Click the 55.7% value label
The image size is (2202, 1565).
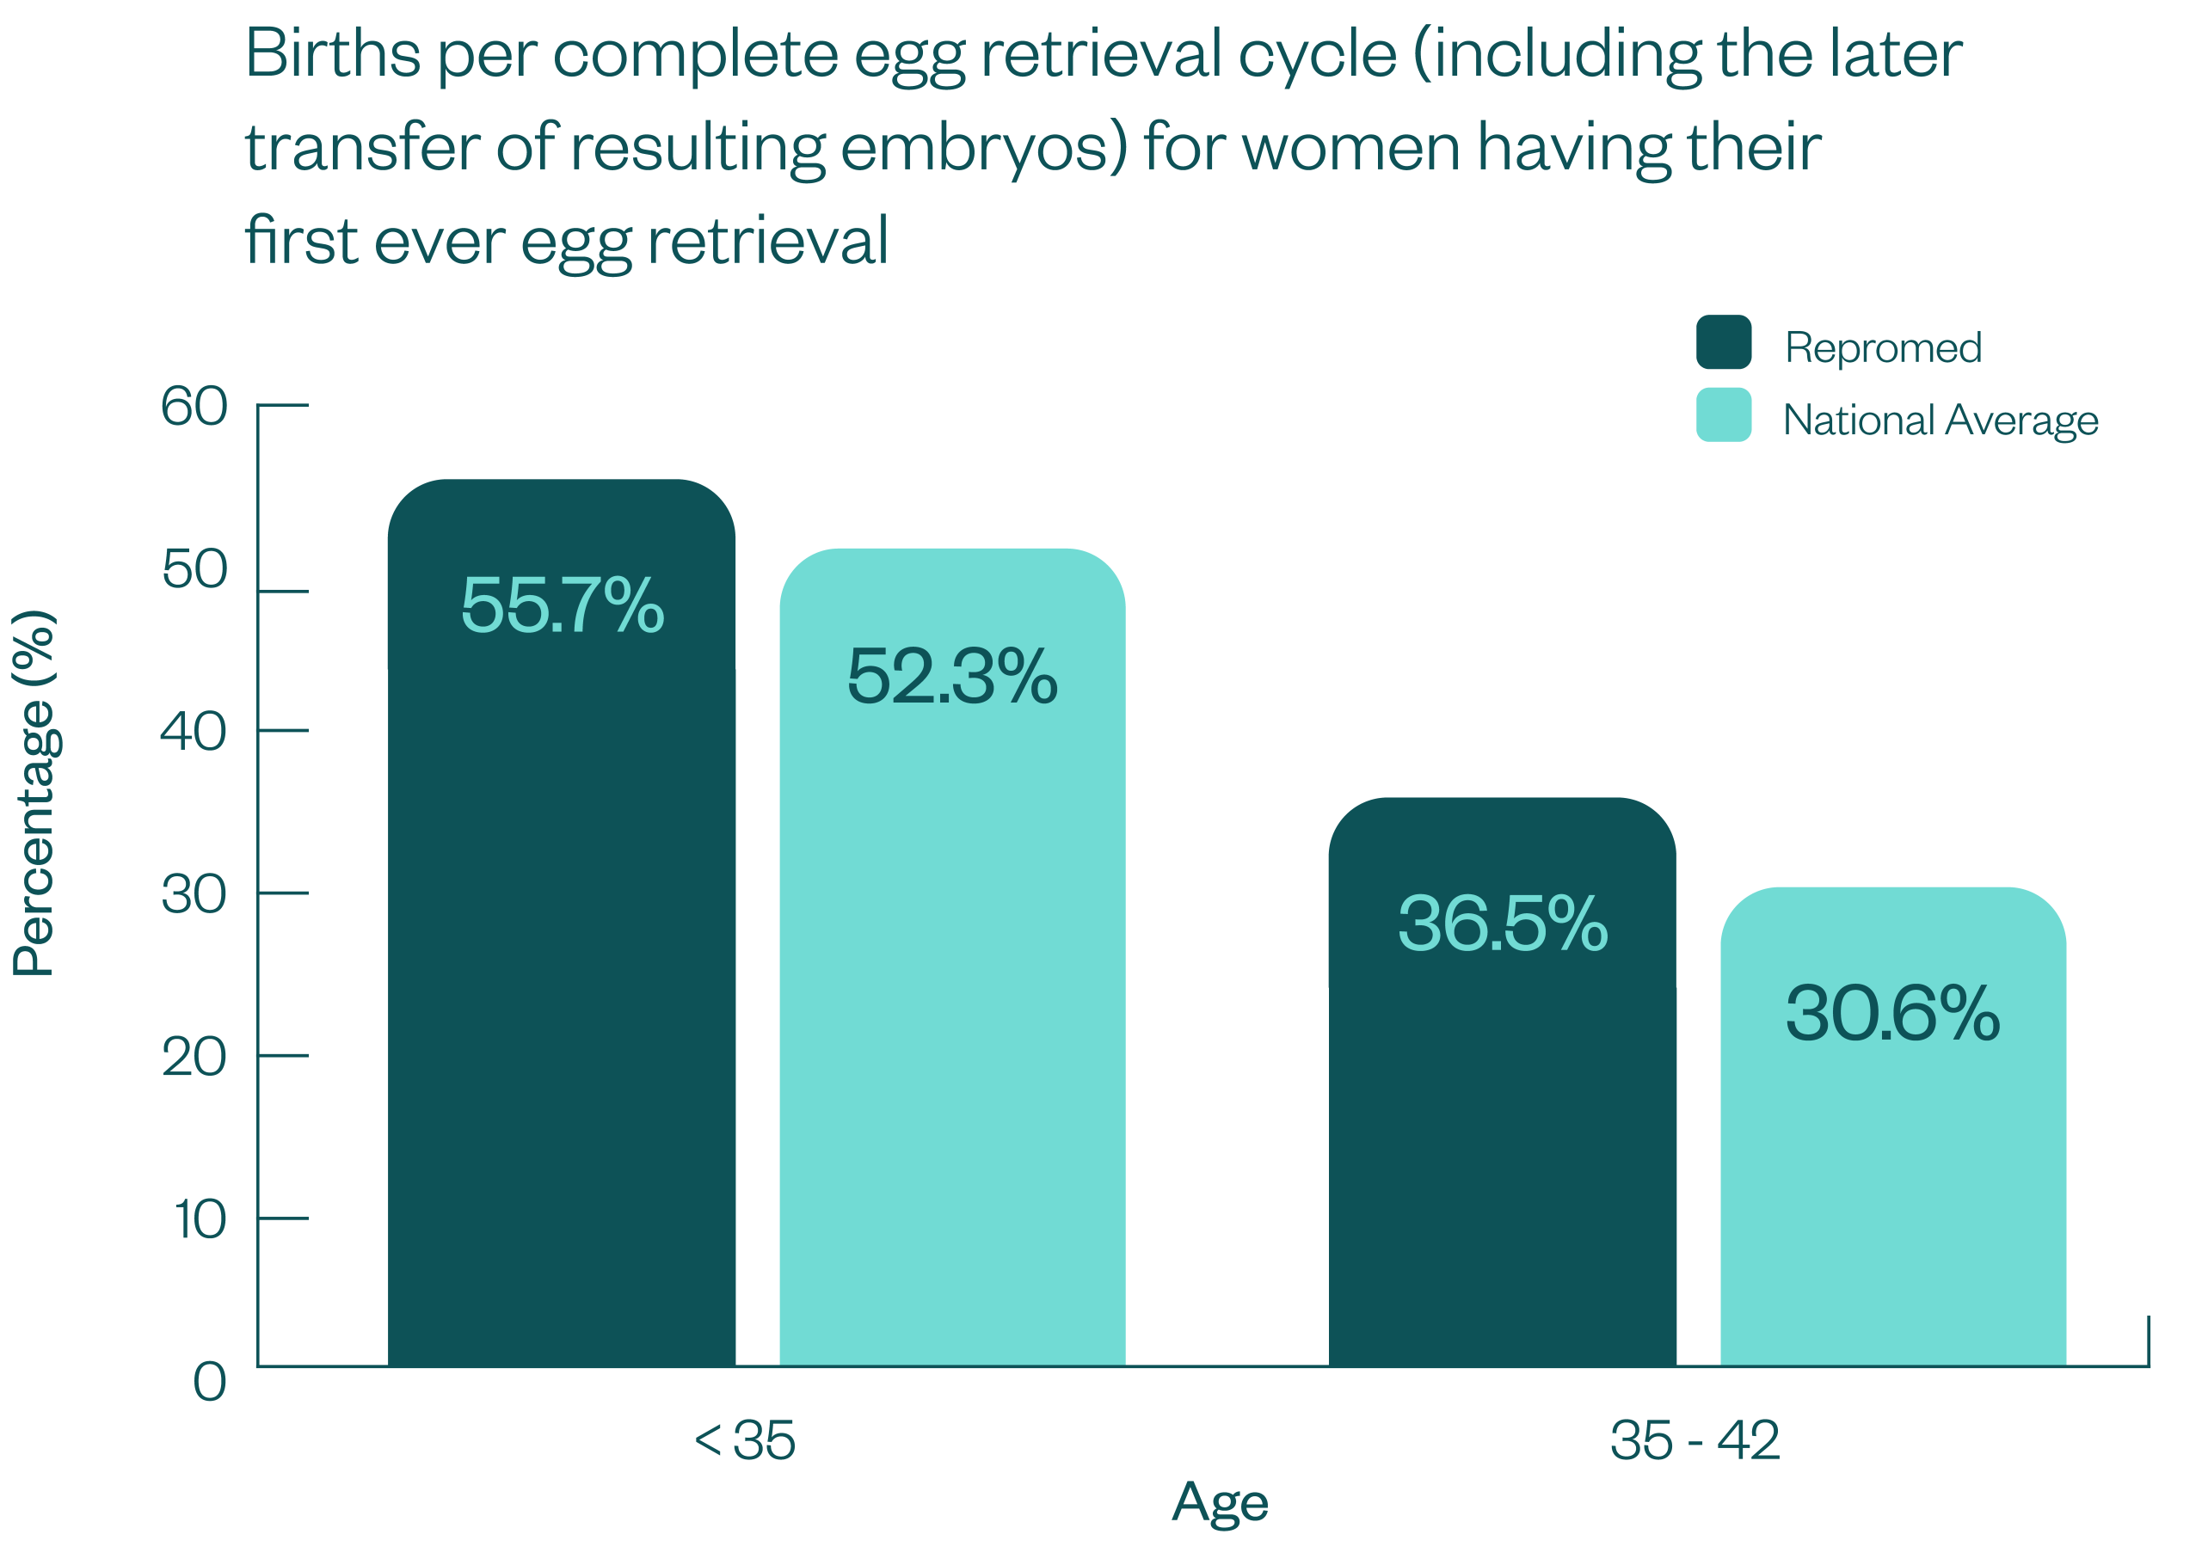tap(563, 605)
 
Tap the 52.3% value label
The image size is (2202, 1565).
tap(952, 676)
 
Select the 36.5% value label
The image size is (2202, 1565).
tap(1503, 924)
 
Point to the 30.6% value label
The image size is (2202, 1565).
tap(1892, 1013)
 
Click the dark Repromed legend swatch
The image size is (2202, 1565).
tap(1723, 342)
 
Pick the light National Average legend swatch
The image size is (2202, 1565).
tap(1723, 415)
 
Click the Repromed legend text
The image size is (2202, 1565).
tap(1882, 347)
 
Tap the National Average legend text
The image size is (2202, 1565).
tap(1940, 420)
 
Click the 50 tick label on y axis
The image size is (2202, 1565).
tap(194, 568)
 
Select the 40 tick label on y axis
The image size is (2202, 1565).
tap(194, 732)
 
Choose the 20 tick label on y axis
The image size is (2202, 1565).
tap(194, 1057)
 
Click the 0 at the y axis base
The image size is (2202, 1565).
tap(210, 1382)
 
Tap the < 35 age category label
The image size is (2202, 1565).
tap(744, 1440)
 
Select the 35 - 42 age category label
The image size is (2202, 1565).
tap(1695, 1440)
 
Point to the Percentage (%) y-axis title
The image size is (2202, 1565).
tap(34, 792)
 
